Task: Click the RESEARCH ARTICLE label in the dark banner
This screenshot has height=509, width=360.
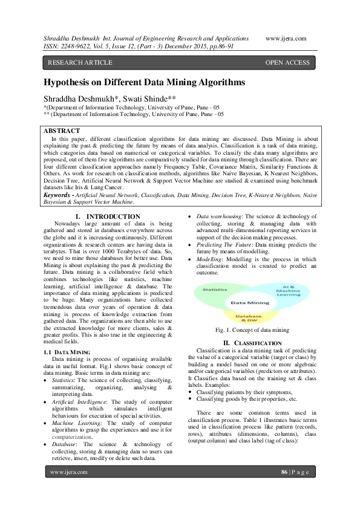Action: point(80,62)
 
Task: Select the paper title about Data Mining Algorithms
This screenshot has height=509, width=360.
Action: point(144,81)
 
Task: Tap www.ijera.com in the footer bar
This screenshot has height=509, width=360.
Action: point(69,489)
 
